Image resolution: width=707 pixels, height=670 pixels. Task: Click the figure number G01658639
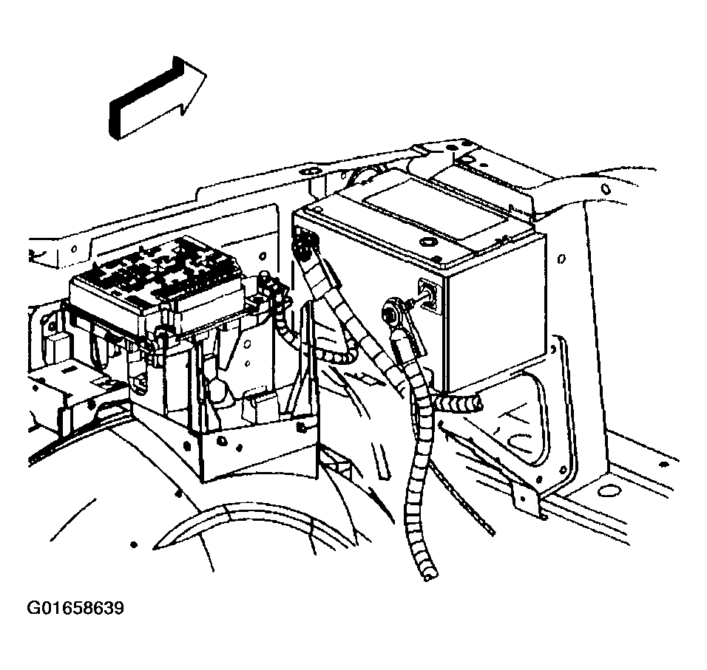point(75,608)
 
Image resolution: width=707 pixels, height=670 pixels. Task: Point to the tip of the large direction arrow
point(206,73)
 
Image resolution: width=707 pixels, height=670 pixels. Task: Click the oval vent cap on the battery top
point(425,242)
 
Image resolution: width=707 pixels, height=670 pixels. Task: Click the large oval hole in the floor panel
point(607,490)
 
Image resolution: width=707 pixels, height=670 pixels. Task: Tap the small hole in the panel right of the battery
point(561,259)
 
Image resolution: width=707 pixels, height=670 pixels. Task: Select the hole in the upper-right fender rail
point(606,189)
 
